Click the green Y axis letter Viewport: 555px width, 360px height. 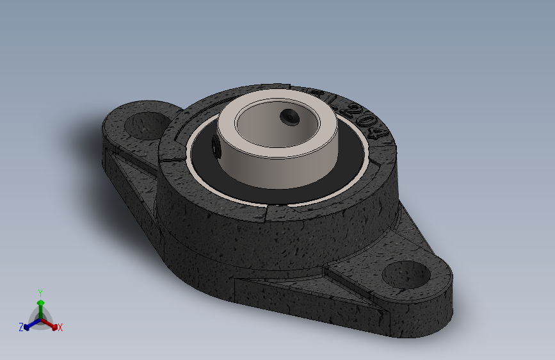[x=40, y=292]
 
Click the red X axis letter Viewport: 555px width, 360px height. [x=60, y=327]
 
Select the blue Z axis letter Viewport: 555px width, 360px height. [x=21, y=327]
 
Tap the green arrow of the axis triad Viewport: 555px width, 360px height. [x=40, y=304]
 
